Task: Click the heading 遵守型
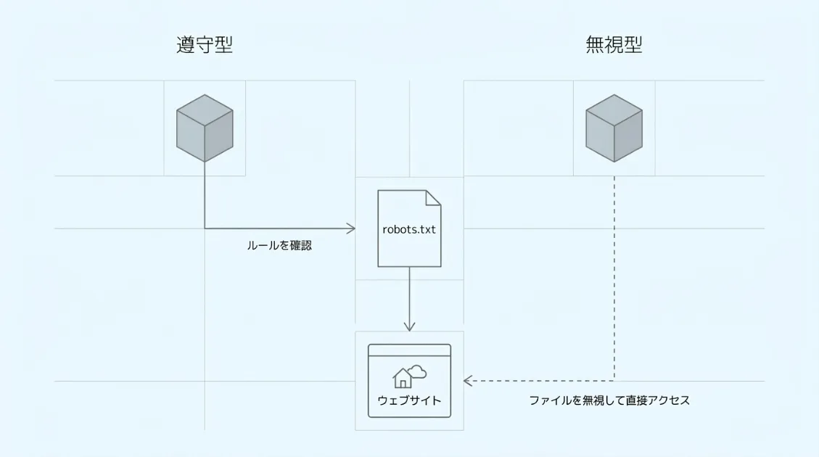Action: click(205, 45)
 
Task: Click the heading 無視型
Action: click(614, 45)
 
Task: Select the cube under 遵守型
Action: click(205, 128)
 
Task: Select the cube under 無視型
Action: click(614, 128)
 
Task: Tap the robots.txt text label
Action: click(409, 229)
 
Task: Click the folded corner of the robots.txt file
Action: click(433, 197)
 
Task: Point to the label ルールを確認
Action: click(279, 246)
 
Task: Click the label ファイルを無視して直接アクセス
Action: click(609, 400)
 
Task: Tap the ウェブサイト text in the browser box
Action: click(409, 400)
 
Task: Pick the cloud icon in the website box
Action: click(417, 372)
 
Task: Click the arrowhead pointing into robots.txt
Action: click(351, 228)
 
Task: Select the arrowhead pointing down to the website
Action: click(409, 326)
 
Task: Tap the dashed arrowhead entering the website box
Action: click(468, 380)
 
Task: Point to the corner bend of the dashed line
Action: click(614, 380)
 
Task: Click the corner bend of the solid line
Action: click(205, 228)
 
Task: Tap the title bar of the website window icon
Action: click(409, 350)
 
